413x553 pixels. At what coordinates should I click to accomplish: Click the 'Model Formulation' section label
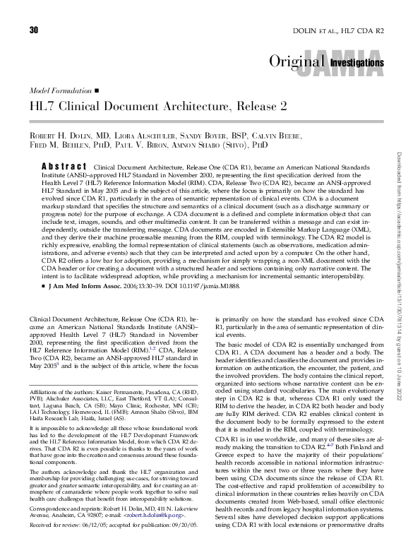[60, 91]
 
